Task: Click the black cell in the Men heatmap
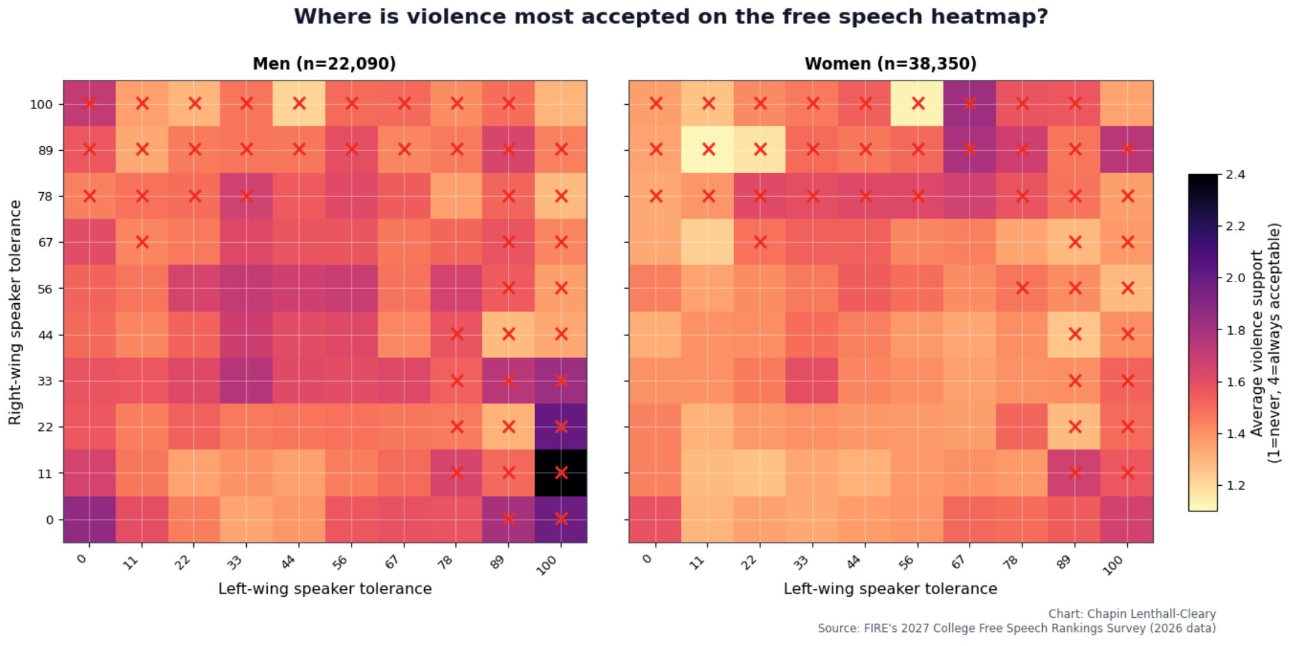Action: pos(561,473)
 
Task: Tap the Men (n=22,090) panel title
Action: pos(324,64)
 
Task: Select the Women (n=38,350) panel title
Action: pos(890,64)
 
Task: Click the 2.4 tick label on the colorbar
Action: pos(1235,174)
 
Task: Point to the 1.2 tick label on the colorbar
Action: pos(1235,485)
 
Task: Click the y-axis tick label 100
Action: pos(41,104)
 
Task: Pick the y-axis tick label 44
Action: pos(45,334)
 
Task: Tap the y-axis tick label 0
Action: pos(49,520)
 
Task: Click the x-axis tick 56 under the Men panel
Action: pos(340,562)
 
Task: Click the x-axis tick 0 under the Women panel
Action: pos(648,559)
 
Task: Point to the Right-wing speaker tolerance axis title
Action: pos(15,312)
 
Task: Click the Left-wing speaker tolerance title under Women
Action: pos(890,589)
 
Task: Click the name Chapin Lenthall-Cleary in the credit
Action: pos(1151,613)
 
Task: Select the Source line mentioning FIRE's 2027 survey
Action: pos(1017,628)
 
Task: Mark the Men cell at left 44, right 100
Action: pos(299,103)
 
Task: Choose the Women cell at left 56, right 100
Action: pos(917,103)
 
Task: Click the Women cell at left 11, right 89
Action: pos(707,149)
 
